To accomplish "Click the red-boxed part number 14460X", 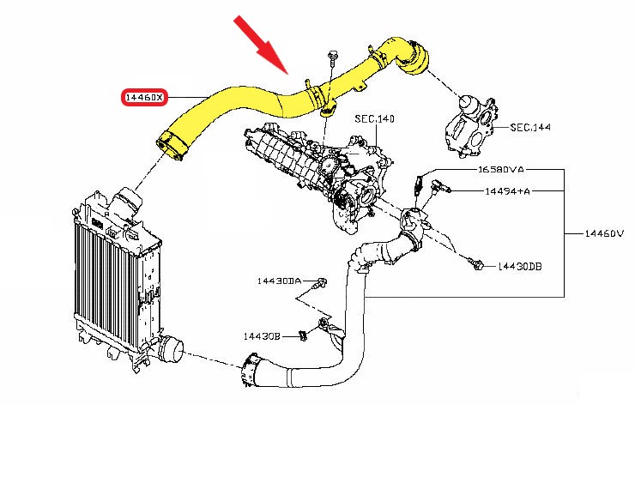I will (144, 99).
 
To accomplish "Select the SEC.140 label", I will (373, 118).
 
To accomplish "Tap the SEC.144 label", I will (530, 127).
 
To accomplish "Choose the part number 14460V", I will (604, 232).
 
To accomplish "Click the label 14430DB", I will (519, 267).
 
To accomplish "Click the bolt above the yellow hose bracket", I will (331, 58).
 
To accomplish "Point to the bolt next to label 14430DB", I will (478, 265).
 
